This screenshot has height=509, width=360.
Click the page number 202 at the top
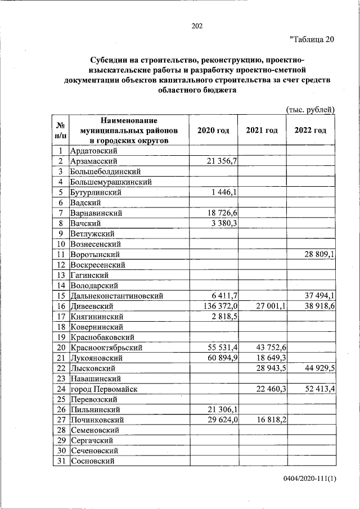pyautogui.click(x=197, y=26)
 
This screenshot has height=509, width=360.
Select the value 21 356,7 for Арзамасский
pyautogui.click(x=222, y=161)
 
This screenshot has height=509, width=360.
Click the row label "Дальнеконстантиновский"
pyautogui.click(x=116, y=296)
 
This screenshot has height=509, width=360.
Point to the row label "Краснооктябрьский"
pyautogui.click(x=106, y=348)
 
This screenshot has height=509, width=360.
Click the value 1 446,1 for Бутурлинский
pyautogui.click(x=224, y=192)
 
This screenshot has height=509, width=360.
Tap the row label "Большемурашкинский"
pyautogui.click(x=110, y=182)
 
